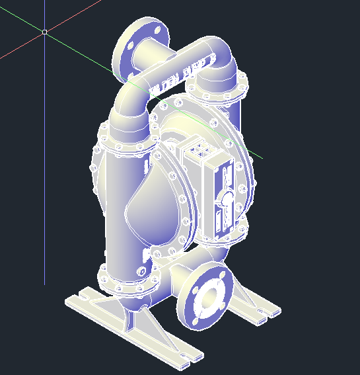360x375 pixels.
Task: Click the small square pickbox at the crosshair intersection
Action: [44, 31]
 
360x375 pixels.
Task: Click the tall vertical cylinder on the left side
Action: [123, 198]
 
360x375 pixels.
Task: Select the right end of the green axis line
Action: [260, 157]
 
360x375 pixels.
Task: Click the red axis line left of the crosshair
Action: [20, 47]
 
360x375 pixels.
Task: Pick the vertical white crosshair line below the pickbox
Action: [44, 165]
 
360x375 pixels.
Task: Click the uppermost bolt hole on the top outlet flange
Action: [158, 30]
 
